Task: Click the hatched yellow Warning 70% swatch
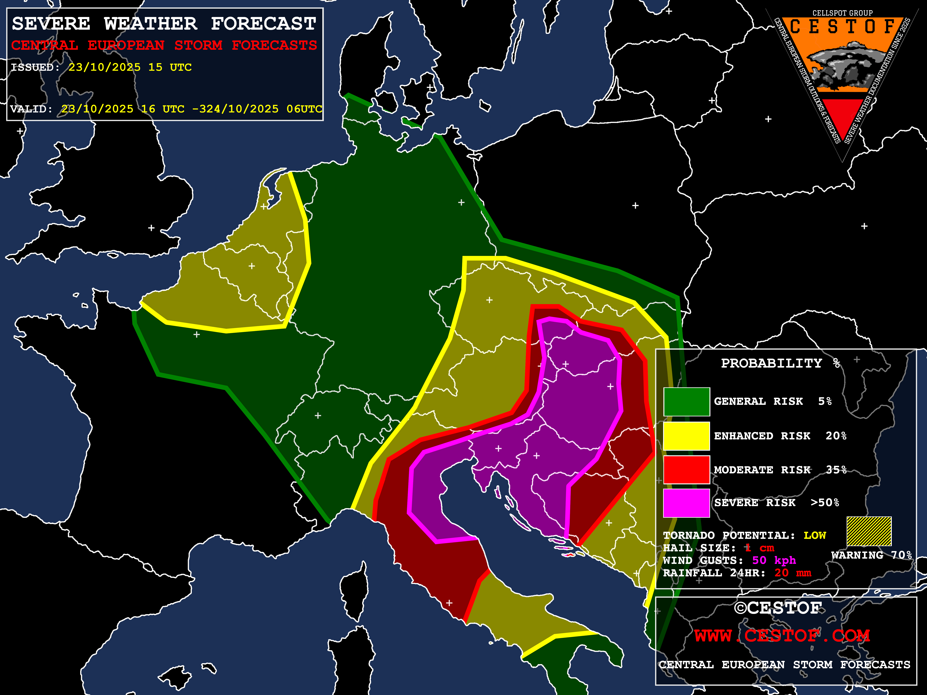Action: pos(869,531)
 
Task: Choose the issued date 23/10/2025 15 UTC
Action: pos(130,67)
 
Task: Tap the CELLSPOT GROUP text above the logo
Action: pos(842,13)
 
